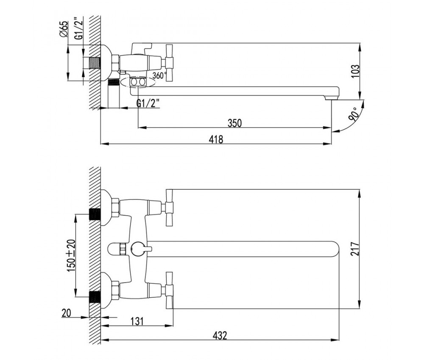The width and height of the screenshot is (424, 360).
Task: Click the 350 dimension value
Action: pyautogui.click(x=234, y=123)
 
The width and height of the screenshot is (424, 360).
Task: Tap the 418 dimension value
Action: pyautogui.click(x=216, y=139)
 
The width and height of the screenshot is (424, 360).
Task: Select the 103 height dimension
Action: pyautogui.click(x=356, y=71)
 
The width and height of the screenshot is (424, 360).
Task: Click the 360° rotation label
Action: pyautogui.click(x=159, y=75)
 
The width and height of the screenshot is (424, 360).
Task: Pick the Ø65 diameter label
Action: pyautogui.click(x=63, y=30)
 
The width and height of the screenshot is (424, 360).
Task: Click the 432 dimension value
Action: pyautogui.click(x=220, y=335)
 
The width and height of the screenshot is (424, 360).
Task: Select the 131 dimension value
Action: pyautogui.click(x=137, y=321)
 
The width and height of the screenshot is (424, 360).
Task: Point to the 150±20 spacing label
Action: pyautogui.click(x=71, y=256)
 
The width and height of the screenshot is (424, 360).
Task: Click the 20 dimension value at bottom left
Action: pyautogui.click(x=66, y=313)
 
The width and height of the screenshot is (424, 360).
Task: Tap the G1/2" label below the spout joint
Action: pyautogui.click(x=148, y=103)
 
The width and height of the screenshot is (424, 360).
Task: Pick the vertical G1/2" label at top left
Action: pyautogui.click(x=78, y=28)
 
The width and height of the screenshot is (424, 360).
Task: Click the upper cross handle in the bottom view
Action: pyautogui.click(x=169, y=208)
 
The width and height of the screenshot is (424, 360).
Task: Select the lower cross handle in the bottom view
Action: pyautogui.click(x=169, y=290)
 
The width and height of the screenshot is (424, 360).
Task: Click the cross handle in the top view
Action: pyautogui.click(x=168, y=63)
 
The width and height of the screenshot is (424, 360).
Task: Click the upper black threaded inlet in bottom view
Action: pyautogui.click(x=95, y=214)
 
